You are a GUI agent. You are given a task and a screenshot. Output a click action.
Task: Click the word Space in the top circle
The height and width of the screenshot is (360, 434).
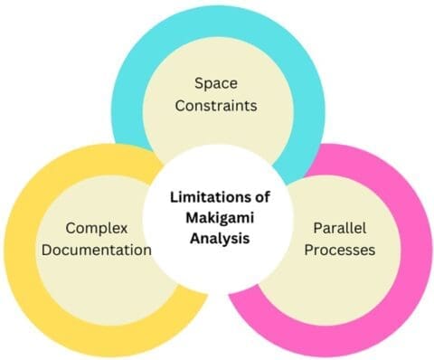click(217, 83)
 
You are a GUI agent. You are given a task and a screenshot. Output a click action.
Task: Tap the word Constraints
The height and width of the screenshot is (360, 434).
click(217, 105)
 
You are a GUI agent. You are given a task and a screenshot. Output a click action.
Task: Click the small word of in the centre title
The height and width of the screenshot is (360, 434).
click(256, 195)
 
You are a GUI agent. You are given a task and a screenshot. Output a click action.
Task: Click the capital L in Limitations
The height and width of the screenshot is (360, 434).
click(171, 195)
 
